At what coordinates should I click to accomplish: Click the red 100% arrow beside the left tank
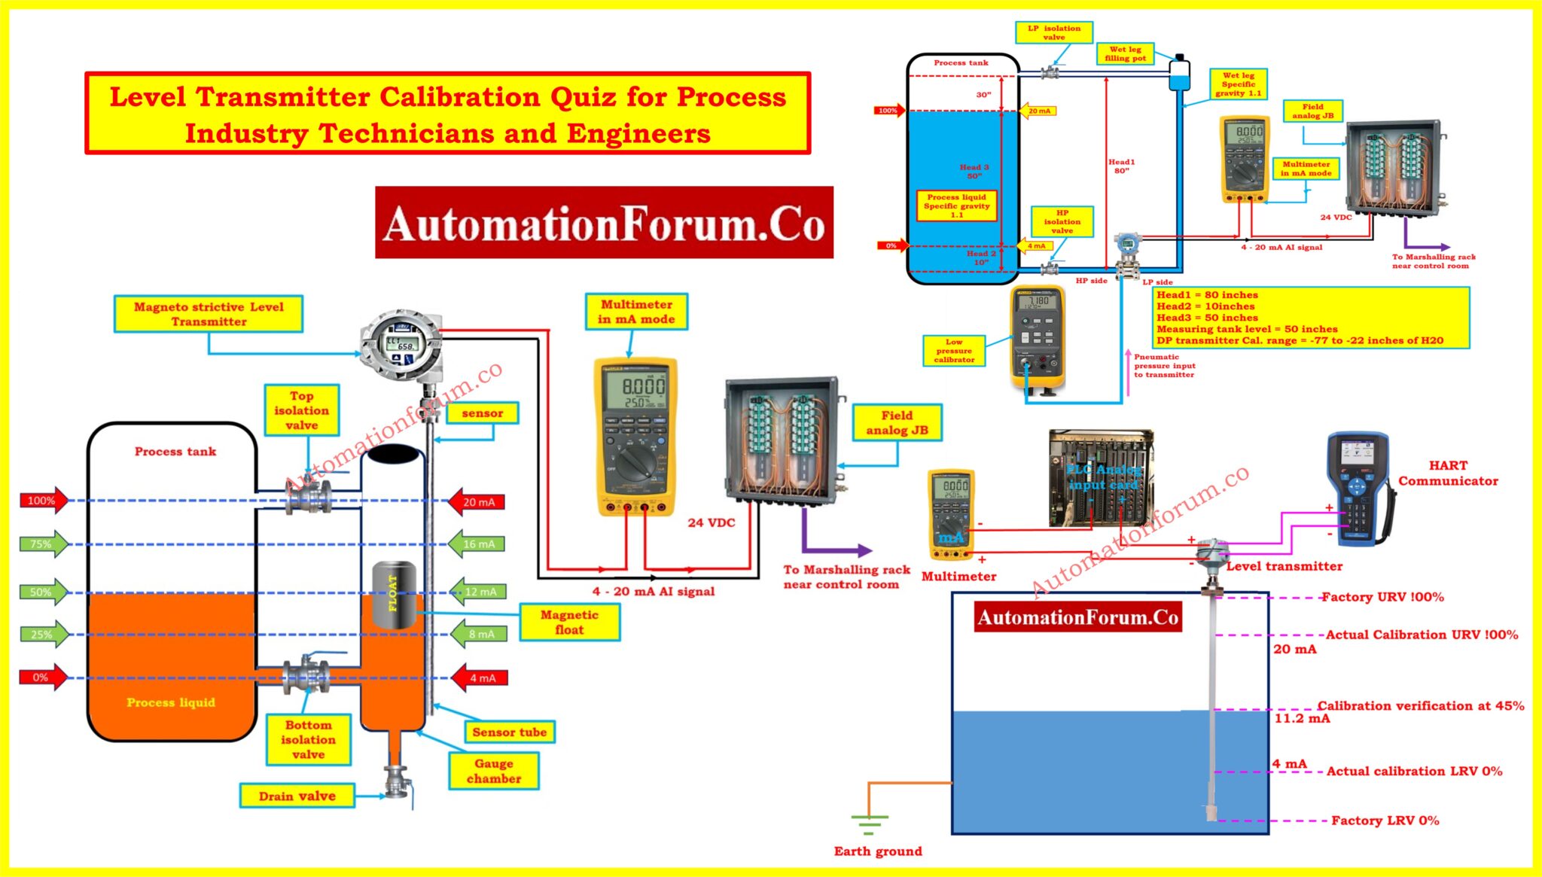pyautogui.click(x=44, y=501)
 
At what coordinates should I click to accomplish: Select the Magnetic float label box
pyautogui.click(x=569, y=623)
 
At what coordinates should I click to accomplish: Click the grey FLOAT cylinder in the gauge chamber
pyautogui.click(x=394, y=595)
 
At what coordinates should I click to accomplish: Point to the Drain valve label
pyautogui.click(x=297, y=796)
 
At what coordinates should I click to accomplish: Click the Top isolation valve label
pyautogui.click(x=301, y=410)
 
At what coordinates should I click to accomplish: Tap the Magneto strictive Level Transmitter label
pyautogui.click(x=209, y=314)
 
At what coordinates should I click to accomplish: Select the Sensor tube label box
pyautogui.click(x=510, y=732)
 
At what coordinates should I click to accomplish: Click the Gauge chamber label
pyautogui.click(x=494, y=771)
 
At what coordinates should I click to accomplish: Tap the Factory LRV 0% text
pyautogui.click(x=1385, y=821)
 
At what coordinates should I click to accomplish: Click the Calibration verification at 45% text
pyautogui.click(x=1420, y=706)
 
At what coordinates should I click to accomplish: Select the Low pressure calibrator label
pyautogui.click(x=954, y=351)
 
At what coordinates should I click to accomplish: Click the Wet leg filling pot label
pyautogui.click(x=1125, y=53)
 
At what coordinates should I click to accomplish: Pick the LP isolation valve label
pyautogui.click(x=1053, y=32)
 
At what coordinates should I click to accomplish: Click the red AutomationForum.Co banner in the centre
pyautogui.click(x=604, y=224)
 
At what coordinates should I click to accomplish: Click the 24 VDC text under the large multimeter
pyautogui.click(x=711, y=522)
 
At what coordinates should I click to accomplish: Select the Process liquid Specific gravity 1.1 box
pyautogui.click(x=956, y=206)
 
